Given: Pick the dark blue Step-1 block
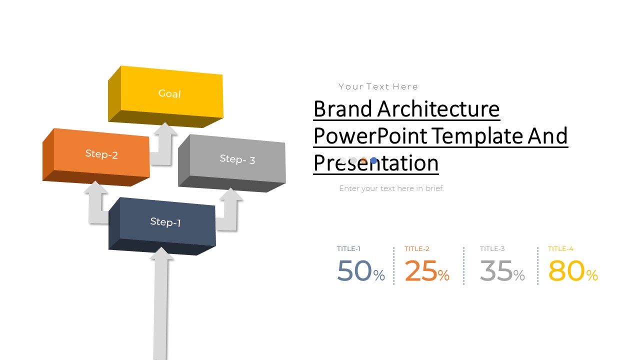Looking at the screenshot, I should [x=165, y=222].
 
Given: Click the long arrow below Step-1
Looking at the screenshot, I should [x=160, y=305].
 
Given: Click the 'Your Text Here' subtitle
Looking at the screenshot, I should [x=378, y=86].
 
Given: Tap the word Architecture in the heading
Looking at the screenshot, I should [x=438, y=109].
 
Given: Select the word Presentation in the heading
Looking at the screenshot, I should [x=376, y=163].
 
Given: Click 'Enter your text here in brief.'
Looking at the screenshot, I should [x=391, y=188].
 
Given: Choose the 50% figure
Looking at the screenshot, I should [x=360, y=271].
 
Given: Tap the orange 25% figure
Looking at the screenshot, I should [x=426, y=271].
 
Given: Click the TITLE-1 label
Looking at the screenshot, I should [x=348, y=248].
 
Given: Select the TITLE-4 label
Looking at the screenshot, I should [x=560, y=248].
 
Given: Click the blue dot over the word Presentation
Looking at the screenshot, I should [x=373, y=160].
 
